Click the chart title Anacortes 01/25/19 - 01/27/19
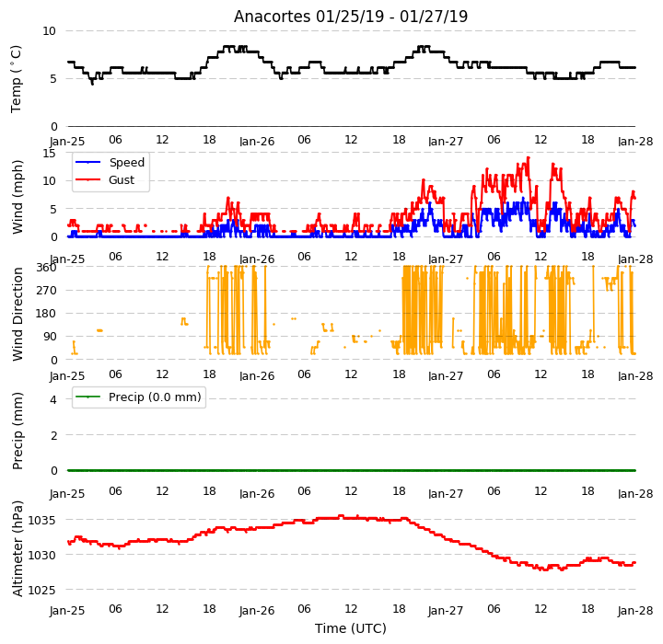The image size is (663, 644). (351, 17)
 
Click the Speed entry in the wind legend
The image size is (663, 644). (126, 162)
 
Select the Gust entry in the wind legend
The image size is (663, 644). (122, 180)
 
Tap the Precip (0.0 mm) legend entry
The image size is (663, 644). (155, 397)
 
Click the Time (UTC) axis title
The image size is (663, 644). (351, 628)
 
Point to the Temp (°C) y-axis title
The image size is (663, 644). (16, 79)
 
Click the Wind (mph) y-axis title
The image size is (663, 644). (17, 197)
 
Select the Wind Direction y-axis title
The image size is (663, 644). (17, 314)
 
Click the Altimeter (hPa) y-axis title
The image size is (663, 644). (17, 548)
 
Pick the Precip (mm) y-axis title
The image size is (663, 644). (17, 431)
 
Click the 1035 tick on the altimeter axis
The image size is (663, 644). (41, 520)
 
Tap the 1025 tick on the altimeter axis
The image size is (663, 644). (41, 590)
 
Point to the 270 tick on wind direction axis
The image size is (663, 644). (47, 291)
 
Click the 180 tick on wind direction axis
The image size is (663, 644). (47, 314)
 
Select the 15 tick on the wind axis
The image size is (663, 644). (49, 154)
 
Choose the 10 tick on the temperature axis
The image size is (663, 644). (49, 31)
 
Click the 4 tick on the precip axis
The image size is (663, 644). (52, 400)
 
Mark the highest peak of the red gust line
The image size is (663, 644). (529, 158)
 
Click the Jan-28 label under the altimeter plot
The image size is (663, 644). (635, 611)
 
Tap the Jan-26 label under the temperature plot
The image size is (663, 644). (257, 141)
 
